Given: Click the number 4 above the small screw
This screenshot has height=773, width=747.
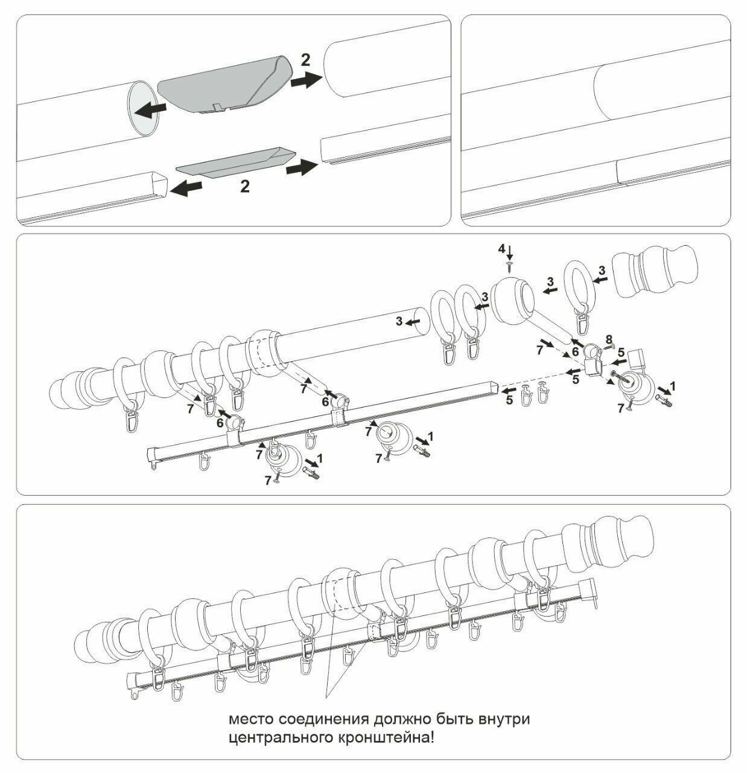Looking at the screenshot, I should (x=501, y=248).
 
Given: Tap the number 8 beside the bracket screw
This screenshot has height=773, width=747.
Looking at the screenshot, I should (x=609, y=338).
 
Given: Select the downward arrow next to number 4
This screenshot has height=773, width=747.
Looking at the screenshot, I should (x=510, y=250).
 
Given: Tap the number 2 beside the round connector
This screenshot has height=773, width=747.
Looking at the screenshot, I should (x=306, y=60).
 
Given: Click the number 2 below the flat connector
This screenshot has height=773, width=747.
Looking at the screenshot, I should (x=244, y=186).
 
